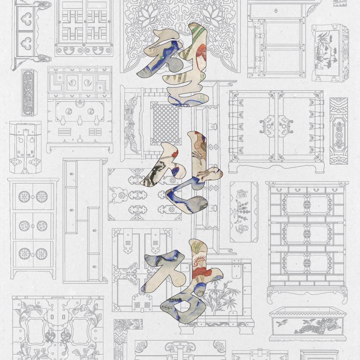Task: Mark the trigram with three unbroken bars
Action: pyautogui.click(x=65, y=132)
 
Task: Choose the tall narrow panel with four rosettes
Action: pyautogui.click(x=29, y=92)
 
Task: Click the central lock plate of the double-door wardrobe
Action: pyautogui.click(x=276, y=125)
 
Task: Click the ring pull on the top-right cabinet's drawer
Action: pyautogui.click(x=276, y=11)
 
